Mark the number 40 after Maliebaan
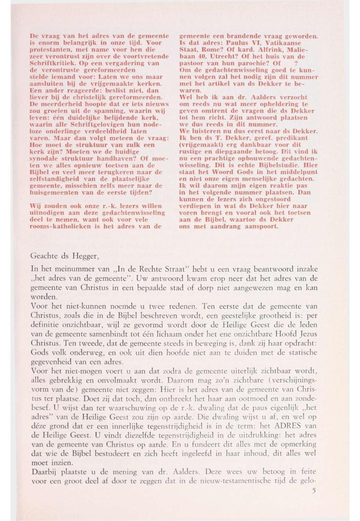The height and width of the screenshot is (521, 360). [x=202, y=56]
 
